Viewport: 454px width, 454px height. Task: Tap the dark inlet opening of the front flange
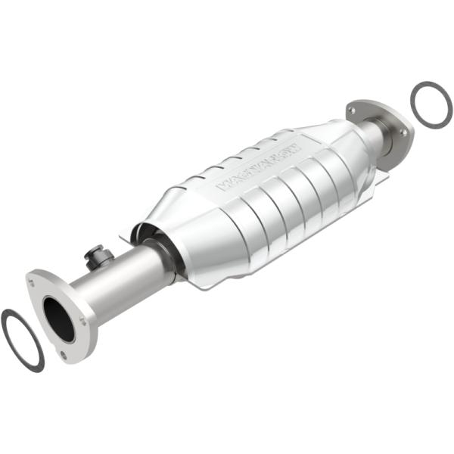point(58,318)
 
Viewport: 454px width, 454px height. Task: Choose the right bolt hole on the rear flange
point(403,132)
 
